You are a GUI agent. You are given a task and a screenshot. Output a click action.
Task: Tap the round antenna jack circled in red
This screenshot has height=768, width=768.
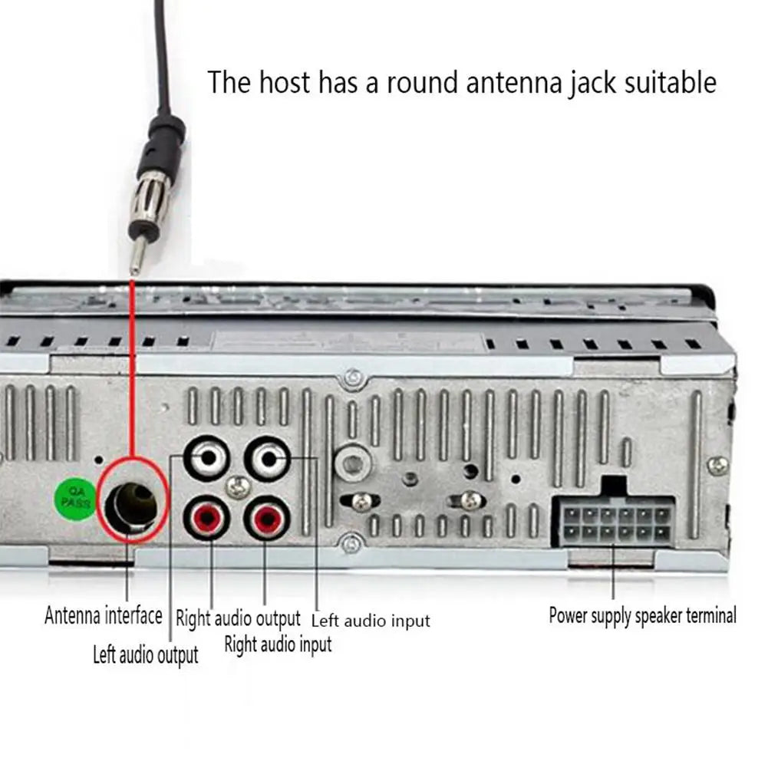[132, 504]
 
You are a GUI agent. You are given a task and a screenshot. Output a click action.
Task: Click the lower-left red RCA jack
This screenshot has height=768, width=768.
[206, 519]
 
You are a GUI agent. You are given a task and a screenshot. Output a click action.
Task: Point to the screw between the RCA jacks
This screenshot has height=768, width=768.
[239, 486]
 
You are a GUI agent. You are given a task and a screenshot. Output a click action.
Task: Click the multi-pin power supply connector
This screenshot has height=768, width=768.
[612, 520]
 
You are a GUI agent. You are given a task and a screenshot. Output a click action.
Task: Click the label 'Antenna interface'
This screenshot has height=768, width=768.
[104, 615]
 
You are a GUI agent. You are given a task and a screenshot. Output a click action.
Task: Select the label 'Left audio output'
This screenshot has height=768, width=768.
[145, 655]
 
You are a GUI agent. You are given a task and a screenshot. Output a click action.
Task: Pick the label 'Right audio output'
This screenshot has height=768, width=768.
[238, 618]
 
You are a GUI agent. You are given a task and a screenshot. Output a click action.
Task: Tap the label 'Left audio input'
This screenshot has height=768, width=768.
[371, 620]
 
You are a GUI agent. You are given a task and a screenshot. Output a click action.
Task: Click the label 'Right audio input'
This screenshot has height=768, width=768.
[278, 644]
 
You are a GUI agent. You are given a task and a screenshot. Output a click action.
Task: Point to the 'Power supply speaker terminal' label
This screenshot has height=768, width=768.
[642, 615]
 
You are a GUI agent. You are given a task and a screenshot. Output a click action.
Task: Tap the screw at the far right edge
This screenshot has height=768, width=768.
[717, 465]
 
